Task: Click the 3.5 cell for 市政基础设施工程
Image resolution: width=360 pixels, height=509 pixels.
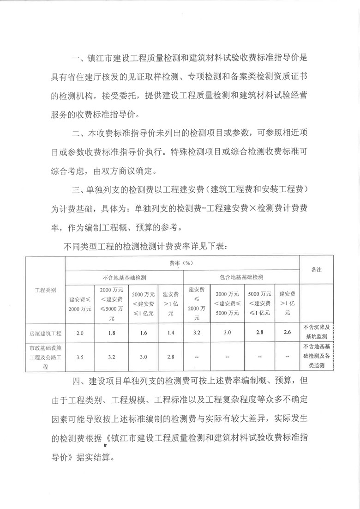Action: coord(79,357)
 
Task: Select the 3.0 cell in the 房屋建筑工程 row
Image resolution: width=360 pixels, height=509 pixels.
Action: coord(227,332)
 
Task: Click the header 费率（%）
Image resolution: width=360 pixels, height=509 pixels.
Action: coord(182,262)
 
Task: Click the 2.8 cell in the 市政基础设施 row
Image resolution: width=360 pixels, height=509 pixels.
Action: coord(170,357)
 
